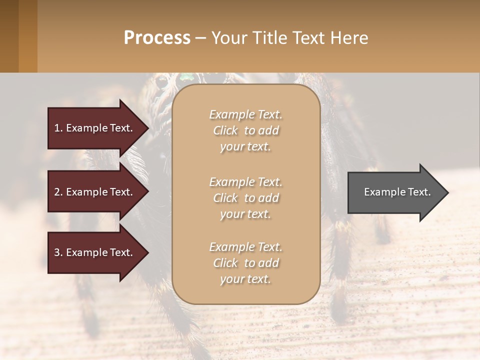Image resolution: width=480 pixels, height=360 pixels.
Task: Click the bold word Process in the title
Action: (157, 37)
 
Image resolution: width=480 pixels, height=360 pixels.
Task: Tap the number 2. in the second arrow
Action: (58, 192)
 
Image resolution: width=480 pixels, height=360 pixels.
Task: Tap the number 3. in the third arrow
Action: (58, 252)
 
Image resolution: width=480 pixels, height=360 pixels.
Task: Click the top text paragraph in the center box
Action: (245, 130)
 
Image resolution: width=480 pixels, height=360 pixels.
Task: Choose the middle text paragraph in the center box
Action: (245, 198)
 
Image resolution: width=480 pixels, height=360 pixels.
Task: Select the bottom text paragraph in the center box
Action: (245, 263)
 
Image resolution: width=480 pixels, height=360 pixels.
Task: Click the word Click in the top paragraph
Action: (225, 130)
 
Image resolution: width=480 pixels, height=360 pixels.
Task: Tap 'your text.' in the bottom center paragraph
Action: (245, 279)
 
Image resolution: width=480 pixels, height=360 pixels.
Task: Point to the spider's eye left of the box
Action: (161, 81)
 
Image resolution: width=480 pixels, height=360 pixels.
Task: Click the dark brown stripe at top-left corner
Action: (9, 36)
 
